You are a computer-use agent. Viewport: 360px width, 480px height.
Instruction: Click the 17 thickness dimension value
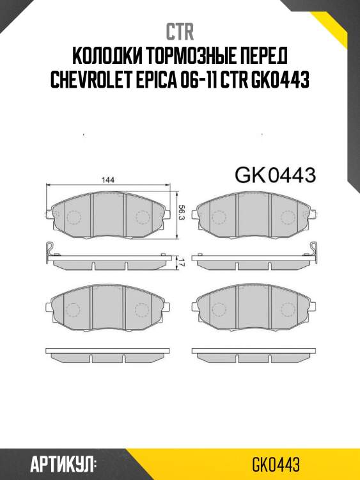pos(182,261)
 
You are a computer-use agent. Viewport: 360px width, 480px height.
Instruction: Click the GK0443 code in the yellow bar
pos(276,464)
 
